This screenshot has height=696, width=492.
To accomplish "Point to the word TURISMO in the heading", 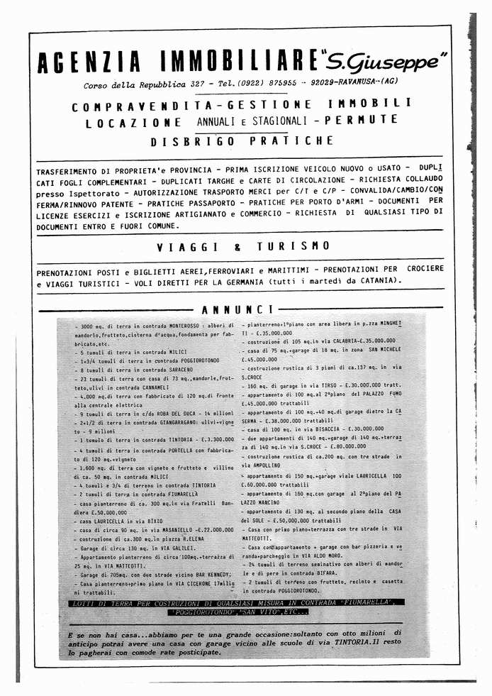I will [293, 246].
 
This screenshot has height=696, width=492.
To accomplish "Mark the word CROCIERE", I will [425, 270].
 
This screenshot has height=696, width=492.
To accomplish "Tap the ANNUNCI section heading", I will [237, 309].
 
